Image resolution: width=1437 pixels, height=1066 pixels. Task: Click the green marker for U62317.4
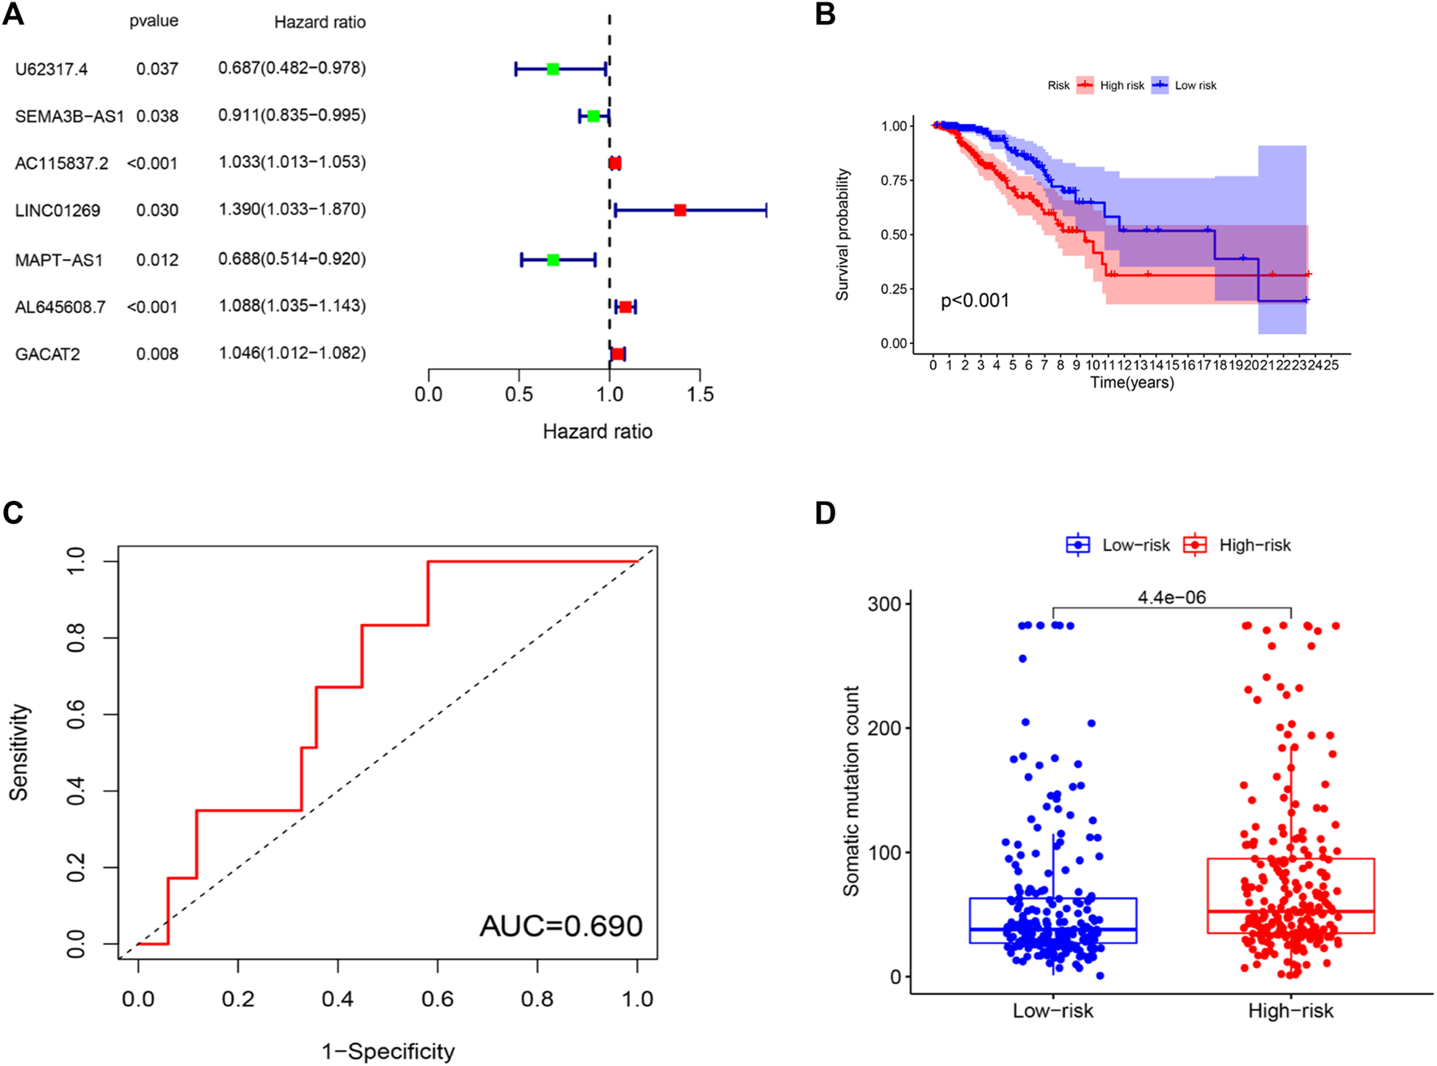pos(552,69)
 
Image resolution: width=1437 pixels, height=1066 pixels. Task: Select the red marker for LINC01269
pos(680,210)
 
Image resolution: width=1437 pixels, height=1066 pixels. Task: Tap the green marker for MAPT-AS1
pos(552,259)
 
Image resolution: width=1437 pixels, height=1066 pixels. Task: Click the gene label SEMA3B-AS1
pos(70,116)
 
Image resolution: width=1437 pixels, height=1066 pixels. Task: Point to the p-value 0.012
pos(157,259)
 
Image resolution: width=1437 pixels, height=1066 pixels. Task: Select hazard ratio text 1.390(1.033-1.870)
pos(292,210)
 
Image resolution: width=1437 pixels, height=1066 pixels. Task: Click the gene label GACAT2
pos(48,354)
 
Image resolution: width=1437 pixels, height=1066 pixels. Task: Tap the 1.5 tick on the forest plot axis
pos(701,395)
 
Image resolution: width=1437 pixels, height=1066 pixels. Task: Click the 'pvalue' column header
pos(154,21)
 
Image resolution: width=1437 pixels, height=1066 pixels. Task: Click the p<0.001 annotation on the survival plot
pos(975,301)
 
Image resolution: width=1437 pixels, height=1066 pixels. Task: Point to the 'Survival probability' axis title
pos(843,235)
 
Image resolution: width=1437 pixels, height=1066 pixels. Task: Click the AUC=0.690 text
pos(561,926)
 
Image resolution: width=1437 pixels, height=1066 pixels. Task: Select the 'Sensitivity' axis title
pos(19,752)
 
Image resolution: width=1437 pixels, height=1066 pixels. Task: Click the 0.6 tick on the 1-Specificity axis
pos(437,998)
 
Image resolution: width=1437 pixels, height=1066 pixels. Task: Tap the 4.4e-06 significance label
pos(1172,597)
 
